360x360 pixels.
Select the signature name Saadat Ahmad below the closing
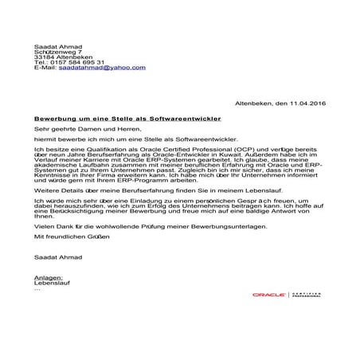coord(57,258)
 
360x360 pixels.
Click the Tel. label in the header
coord(41,61)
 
